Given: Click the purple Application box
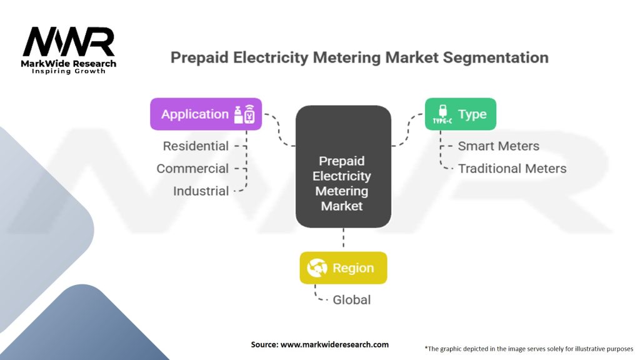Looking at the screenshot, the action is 206,114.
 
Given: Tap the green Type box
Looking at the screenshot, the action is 461,114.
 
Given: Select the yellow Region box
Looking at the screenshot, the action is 343,267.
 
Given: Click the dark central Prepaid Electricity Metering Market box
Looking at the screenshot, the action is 343,166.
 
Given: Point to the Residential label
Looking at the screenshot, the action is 196,146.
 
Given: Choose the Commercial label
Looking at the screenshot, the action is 192,168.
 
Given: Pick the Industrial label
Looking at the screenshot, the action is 201,191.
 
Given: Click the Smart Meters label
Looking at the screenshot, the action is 498,146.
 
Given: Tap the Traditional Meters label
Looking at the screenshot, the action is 512,168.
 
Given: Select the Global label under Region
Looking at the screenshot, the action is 351,299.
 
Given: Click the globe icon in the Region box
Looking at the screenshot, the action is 317,267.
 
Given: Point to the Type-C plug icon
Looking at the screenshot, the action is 442,114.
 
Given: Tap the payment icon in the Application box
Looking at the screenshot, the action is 244,114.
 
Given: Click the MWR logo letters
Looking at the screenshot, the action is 69,42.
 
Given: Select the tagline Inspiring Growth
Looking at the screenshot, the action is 69,71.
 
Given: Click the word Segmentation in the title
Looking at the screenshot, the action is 496,57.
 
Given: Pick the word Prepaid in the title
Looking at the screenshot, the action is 199,57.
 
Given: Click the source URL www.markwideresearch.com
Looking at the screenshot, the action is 334,344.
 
